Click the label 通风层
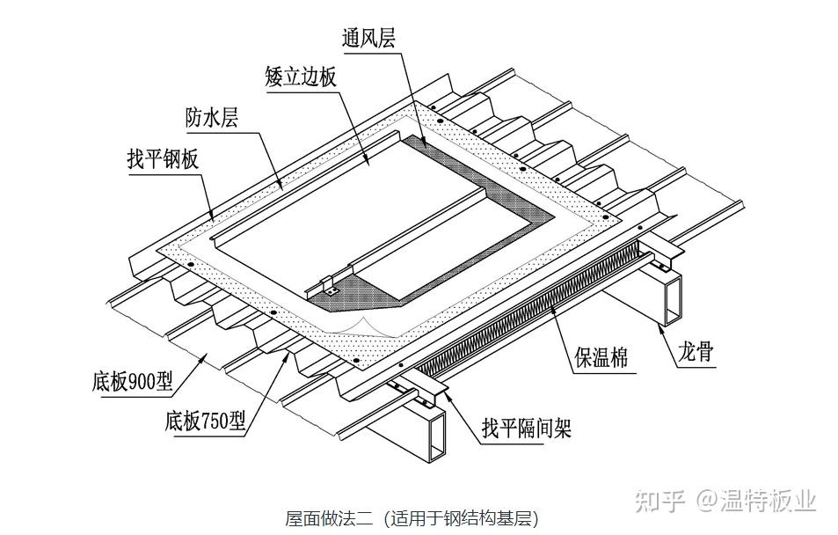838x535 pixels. (370, 39)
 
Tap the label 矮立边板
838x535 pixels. (300, 77)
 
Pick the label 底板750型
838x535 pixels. (204, 421)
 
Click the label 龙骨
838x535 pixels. (695, 354)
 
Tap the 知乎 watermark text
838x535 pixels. (659, 501)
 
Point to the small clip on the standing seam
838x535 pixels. (330, 286)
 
